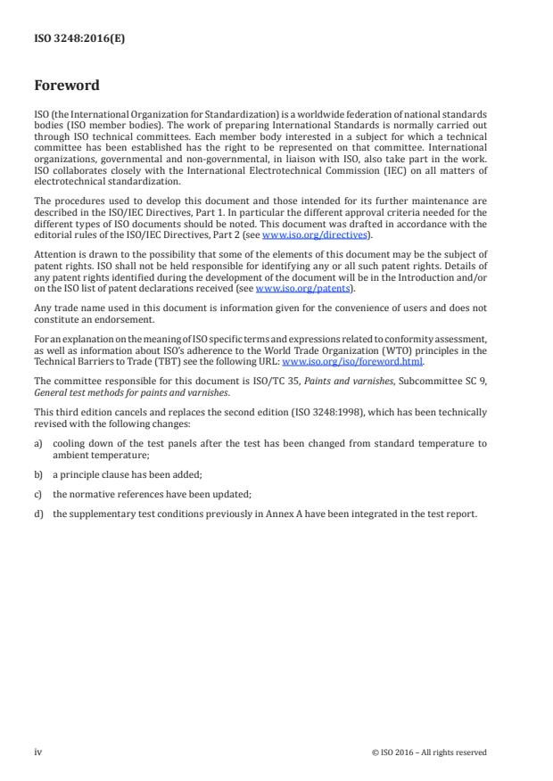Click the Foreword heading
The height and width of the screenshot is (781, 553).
pos(66,86)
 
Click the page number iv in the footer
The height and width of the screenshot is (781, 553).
pos(37,752)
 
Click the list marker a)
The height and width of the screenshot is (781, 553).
pos(38,443)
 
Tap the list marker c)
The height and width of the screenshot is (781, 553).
pos(38,493)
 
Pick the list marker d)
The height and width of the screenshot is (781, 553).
pos(38,514)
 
